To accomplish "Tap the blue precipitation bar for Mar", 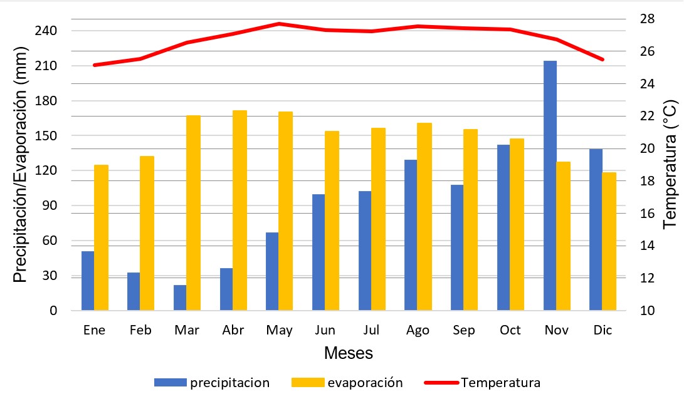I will click(x=180, y=298).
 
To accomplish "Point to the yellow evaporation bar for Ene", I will click(x=101, y=238).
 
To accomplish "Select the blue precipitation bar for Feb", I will click(x=134, y=292).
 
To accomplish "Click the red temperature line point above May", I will click(x=279, y=24).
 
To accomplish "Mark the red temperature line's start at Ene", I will click(x=95, y=65).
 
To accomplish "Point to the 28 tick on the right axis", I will click(x=647, y=18).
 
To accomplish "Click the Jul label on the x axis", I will click(x=371, y=330).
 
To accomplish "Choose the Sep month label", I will click(x=463, y=330).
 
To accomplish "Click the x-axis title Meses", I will click(x=348, y=353).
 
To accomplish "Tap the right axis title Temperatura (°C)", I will click(x=670, y=164).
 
